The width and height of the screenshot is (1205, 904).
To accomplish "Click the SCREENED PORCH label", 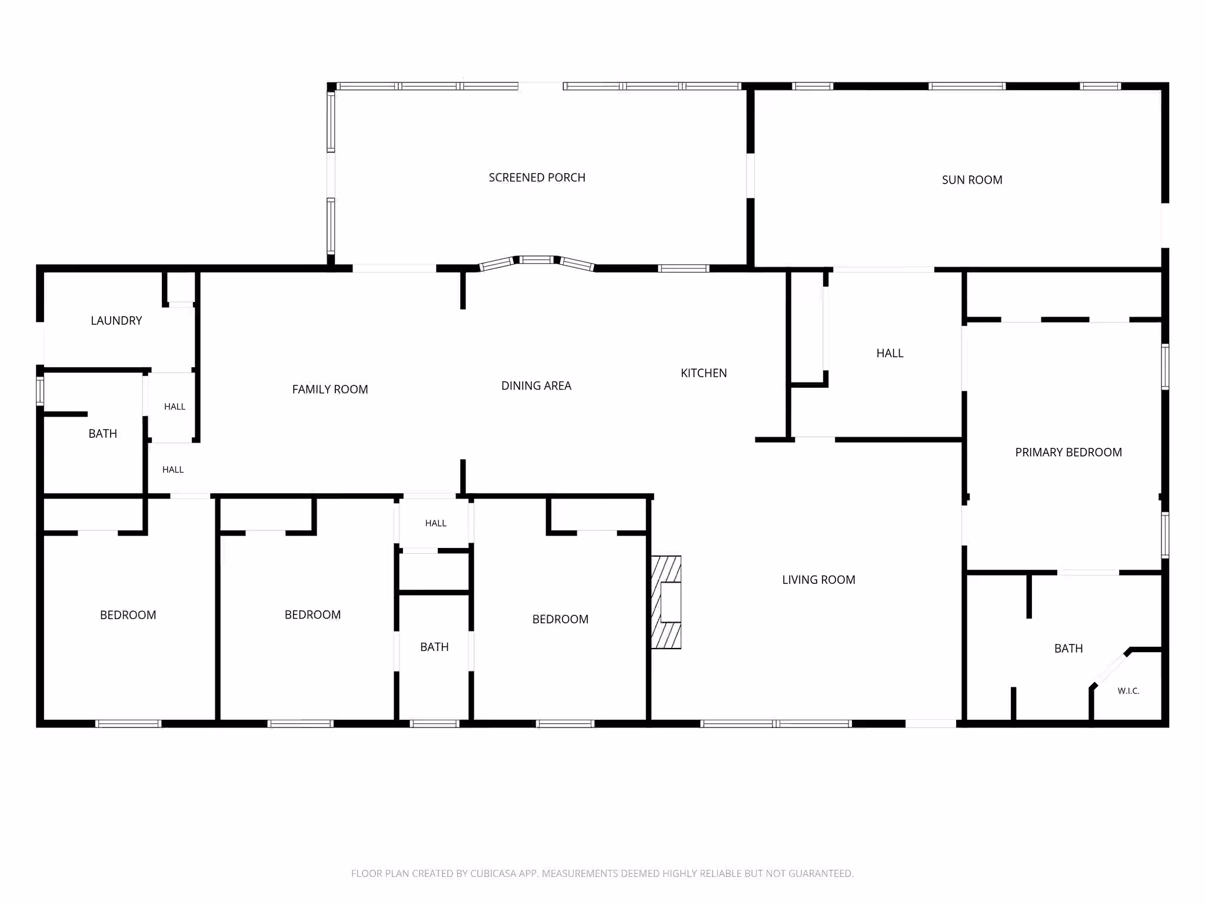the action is click(537, 178).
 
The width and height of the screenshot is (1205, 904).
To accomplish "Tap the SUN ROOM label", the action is click(972, 180).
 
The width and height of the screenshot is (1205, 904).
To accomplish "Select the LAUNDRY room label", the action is click(116, 321).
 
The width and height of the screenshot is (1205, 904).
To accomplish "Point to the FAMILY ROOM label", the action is click(330, 390).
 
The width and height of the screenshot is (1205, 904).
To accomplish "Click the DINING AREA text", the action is click(536, 386).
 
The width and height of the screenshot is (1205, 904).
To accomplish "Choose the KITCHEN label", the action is click(704, 373).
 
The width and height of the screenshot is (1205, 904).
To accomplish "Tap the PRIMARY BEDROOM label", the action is click(1068, 453).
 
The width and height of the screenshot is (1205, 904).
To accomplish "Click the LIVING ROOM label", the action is click(818, 580).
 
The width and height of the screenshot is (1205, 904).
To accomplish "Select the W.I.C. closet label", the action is click(1129, 691).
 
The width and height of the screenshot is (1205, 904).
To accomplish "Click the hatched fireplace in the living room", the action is click(666, 603).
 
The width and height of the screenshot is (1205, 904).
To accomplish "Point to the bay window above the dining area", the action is click(537, 262).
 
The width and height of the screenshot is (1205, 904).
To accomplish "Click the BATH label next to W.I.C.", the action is click(1068, 649).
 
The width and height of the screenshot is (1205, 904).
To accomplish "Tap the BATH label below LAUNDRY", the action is click(103, 434).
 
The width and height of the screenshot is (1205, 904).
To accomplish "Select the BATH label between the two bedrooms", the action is click(434, 647).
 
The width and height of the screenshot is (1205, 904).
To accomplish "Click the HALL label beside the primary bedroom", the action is click(890, 354).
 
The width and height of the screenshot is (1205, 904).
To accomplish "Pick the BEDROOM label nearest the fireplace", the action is click(560, 619).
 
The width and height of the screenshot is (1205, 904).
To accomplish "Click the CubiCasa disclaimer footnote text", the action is click(602, 873).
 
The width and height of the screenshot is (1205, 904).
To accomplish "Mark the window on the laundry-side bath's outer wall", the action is click(40, 391).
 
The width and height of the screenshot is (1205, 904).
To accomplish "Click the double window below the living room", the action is click(776, 724).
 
